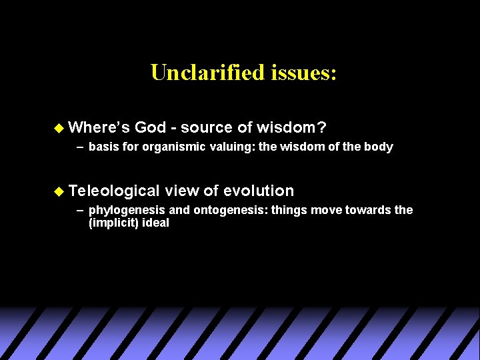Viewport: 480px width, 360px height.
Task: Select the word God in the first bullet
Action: [150, 127]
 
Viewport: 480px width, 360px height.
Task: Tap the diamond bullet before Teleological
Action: [59, 191]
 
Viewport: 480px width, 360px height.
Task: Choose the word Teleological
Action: [113, 191]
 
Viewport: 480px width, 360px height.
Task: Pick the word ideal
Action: [155, 223]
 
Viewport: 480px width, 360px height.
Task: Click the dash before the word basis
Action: [79, 147]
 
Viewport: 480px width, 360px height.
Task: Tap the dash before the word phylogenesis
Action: [79, 210]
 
